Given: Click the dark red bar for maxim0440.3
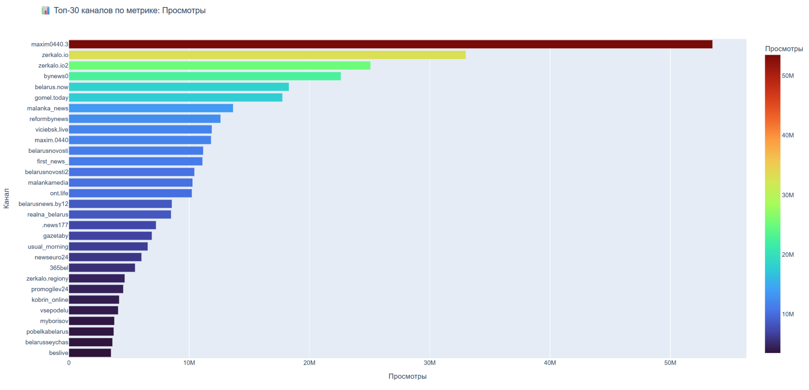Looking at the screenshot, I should click(x=390, y=44).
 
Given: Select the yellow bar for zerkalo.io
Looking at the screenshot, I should click(x=267, y=55).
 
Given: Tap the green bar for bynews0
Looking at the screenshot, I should click(x=205, y=76).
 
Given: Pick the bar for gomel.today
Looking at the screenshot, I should click(x=175, y=98).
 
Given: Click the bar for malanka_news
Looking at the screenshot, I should click(x=151, y=108).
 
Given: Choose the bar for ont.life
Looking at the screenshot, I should click(x=130, y=193).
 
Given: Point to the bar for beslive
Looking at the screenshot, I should click(x=90, y=353).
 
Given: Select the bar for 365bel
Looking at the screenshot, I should click(x=102, y=268).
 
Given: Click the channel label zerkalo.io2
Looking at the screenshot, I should click(x=53, y=66).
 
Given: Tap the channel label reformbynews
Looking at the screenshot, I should click(x=49, y=119).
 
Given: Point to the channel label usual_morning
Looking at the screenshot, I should click(x=48, y=247).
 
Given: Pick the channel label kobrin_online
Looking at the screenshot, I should click(x=50, y=300).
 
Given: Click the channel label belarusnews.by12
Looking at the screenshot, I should click(x=43, y=204).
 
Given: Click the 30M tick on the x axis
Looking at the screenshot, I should click(x=429, y=363).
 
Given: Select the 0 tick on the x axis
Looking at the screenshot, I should click(x=69, y=363).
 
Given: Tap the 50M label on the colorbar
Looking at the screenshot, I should click(x=788, y=76).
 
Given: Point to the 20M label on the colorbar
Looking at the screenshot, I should click(x=788, y=255).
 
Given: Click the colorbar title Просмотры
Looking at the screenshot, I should click(x=784, y=49).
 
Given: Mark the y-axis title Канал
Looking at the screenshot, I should click(x=6, y=198).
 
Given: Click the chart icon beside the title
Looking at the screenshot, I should click(x=46, y=11).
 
